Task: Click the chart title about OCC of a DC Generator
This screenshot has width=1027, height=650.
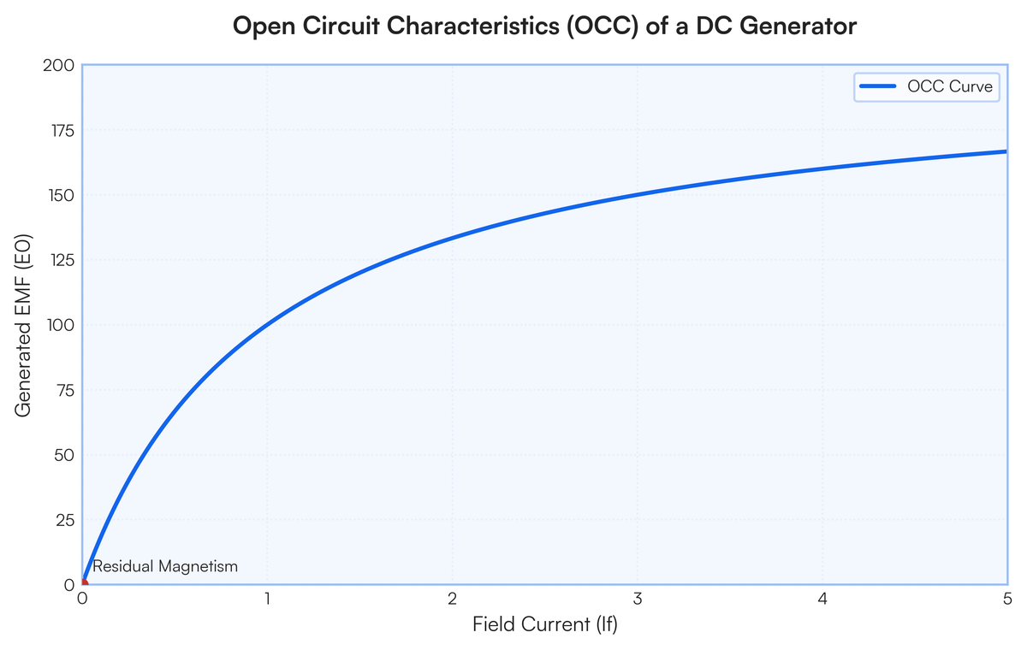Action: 544,27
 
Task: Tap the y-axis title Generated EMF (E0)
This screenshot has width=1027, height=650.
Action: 23,326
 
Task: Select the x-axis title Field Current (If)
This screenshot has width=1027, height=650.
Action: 545,624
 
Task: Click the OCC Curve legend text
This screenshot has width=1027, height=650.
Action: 950,86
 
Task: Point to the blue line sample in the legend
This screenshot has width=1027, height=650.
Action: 877,86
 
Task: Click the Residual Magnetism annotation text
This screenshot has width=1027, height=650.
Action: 165,567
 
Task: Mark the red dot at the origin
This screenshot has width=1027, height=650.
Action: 84,583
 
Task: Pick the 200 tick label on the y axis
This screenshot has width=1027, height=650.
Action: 59,66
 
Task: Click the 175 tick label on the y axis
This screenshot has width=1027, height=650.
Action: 62,131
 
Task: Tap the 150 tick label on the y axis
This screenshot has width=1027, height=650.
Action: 62,196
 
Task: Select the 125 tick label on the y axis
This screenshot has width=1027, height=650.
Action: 62,261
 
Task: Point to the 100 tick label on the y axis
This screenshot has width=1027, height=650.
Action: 61,326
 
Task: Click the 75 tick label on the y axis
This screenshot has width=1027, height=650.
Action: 65,391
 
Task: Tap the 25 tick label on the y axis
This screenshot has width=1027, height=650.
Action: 65,520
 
